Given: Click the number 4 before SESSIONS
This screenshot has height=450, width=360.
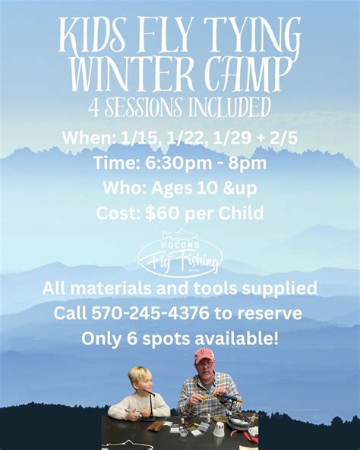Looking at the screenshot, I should [94, 109].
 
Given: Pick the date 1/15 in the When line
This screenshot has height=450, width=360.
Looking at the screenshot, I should [135, 138].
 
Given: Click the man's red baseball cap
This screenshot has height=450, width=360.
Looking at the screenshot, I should [204, 354].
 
